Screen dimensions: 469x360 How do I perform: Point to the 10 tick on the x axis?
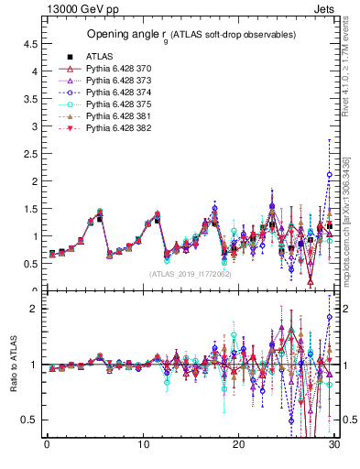143,444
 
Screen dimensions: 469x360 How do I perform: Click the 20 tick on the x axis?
239,444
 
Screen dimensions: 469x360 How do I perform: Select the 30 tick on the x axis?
334,444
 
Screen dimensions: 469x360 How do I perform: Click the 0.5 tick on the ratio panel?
30,420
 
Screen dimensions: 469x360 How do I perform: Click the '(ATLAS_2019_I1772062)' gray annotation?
190,274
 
